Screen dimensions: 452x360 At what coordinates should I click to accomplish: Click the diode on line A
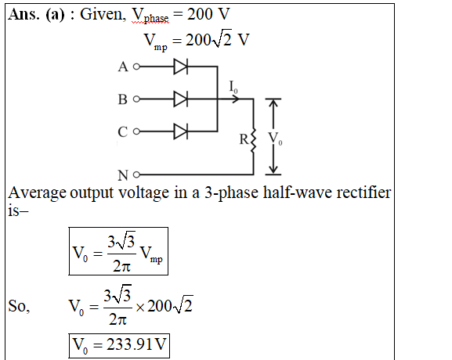pos(181,67)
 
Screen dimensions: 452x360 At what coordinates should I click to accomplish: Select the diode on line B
pos(181,99)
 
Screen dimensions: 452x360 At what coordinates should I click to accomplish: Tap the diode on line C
pos(181,131)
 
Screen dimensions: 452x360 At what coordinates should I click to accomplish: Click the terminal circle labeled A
pos(136,67)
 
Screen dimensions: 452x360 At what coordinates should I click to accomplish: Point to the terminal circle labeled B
pos(136,99)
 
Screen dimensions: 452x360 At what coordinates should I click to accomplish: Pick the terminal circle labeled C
pos(136,131)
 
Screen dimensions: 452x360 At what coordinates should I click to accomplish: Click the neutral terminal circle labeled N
pos(136,175)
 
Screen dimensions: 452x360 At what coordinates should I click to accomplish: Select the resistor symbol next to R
pos(253,140)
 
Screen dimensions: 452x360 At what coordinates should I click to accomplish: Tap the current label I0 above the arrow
pos(233,87)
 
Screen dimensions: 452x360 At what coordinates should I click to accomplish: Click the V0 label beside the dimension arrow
pos(275,139)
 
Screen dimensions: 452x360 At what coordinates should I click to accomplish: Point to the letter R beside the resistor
pos(244,139)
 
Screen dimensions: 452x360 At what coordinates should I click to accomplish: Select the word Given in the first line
pos(103,14)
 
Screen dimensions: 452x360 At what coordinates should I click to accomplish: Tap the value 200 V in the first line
pos(208,14)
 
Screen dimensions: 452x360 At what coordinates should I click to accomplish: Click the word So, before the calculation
pos(19,306)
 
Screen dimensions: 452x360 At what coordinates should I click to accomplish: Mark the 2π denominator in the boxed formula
pos(121,266)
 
